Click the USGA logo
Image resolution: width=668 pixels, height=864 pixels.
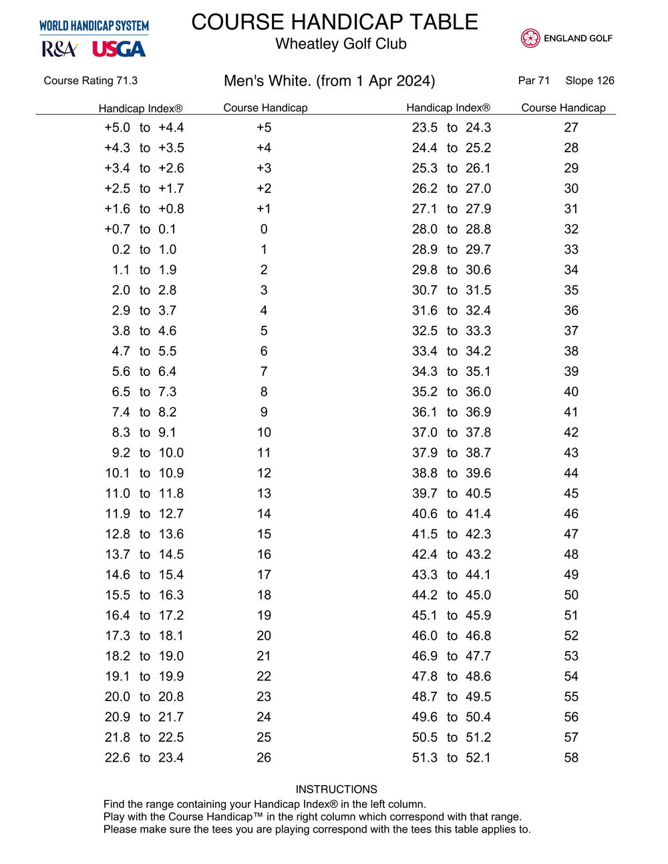119,49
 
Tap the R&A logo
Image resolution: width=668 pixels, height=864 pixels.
59,49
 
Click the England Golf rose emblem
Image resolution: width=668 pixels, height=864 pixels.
530,38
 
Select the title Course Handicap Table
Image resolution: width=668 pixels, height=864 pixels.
335,22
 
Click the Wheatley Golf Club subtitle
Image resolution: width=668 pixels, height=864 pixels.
341,44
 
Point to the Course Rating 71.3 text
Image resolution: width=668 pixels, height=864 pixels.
90,81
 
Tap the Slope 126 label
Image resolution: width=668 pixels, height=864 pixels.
589,81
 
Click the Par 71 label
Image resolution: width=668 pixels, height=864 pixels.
534,81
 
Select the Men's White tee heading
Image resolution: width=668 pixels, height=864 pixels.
329,81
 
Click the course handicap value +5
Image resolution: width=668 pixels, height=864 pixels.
264,128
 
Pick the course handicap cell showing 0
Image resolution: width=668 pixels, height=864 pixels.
264,229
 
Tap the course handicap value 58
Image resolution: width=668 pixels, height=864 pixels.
571,758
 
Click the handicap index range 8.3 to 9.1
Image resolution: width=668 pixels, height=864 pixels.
144,433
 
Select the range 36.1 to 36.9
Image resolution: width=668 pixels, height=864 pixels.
452,412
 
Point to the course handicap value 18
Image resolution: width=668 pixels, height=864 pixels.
264,595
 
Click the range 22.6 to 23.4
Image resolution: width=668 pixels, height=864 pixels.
144,758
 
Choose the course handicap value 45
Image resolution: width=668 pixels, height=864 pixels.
571,493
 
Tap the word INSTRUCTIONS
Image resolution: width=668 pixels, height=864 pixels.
336,789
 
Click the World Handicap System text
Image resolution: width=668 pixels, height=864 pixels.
94,26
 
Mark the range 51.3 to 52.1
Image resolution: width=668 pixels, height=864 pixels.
452,758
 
